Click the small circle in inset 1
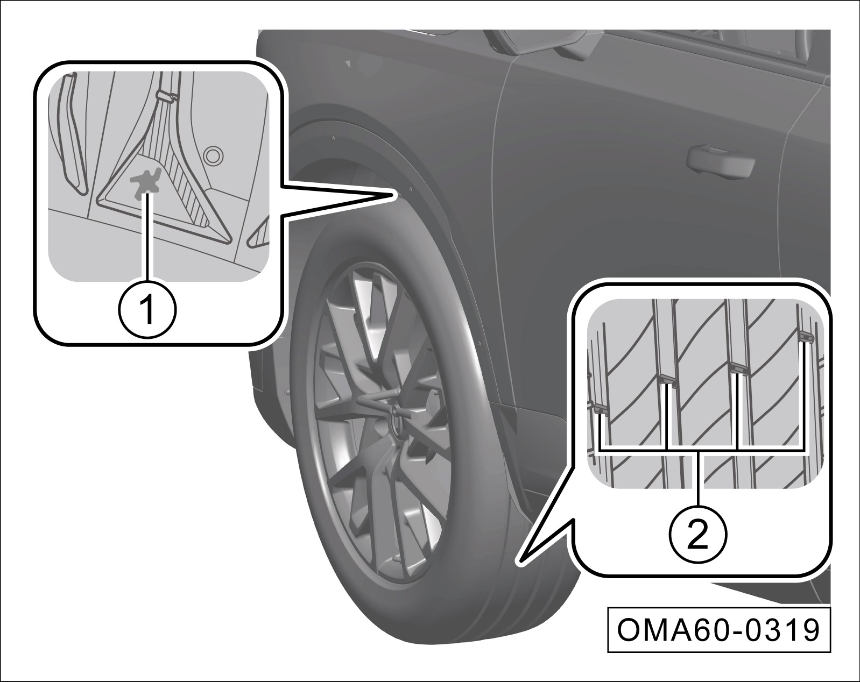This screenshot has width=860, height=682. tap(213, 155)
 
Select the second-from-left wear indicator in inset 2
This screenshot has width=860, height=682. tap(667, 381)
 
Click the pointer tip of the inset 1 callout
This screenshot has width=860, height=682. tap(393, 194)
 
